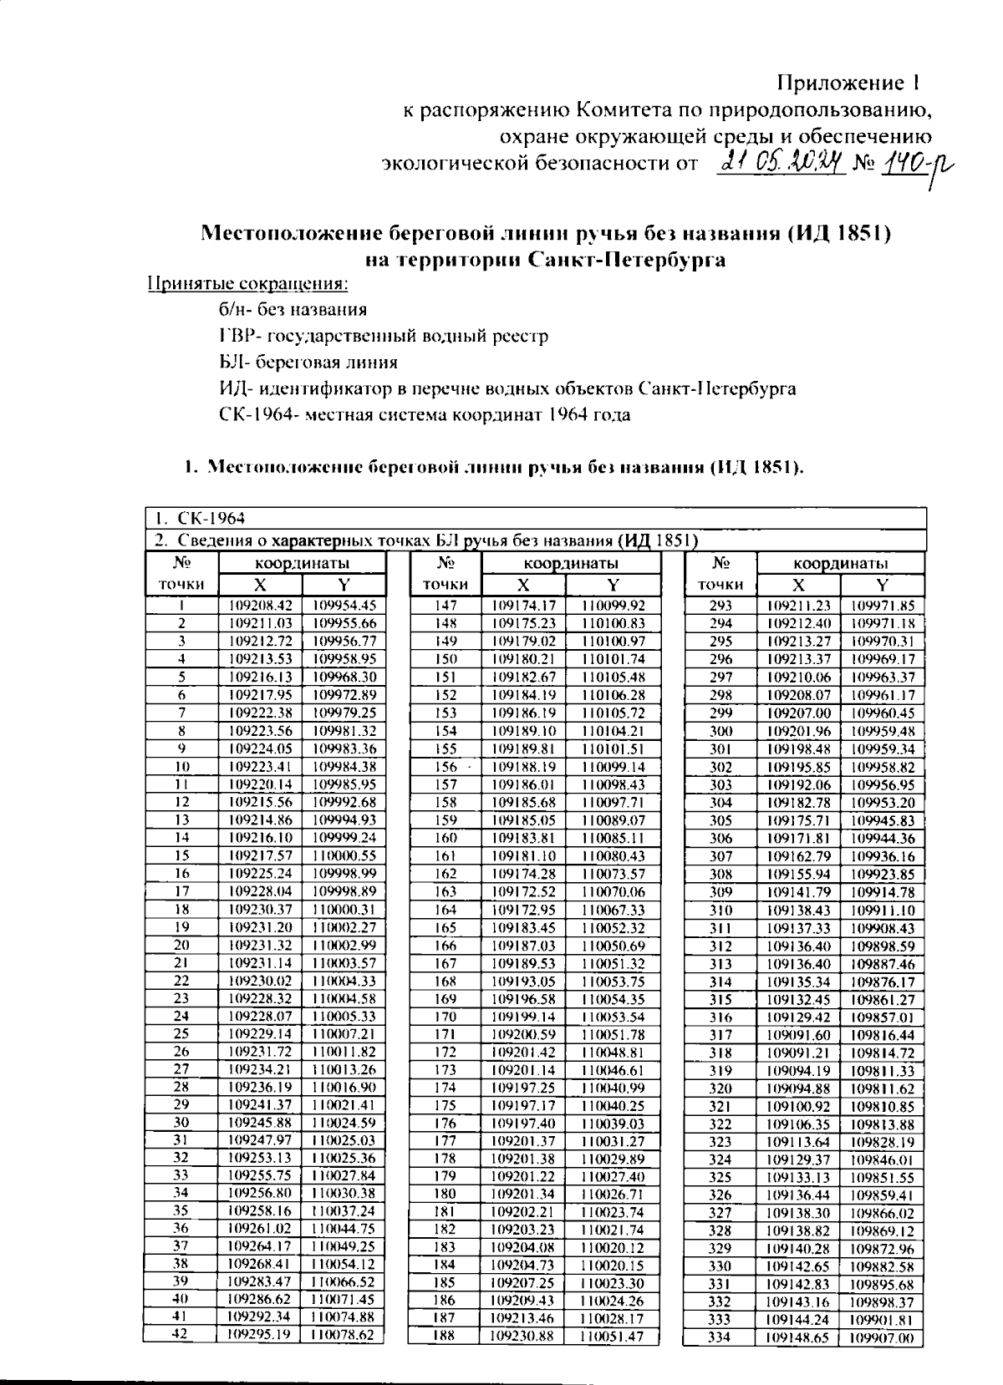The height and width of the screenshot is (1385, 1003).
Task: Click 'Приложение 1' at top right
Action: click(848, 83)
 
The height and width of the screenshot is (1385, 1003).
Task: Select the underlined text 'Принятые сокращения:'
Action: click(247, 284)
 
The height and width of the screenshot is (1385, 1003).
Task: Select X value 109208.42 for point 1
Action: click(261, 606)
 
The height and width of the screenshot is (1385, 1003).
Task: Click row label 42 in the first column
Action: click(181, 1334)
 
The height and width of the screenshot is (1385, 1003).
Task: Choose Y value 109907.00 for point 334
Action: click(882, 1338)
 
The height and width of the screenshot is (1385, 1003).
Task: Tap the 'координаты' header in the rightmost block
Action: click(840, 564)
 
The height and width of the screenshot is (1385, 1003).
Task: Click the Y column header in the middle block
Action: click(613, 585)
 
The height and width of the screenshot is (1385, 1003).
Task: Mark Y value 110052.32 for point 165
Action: click(613, 928)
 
